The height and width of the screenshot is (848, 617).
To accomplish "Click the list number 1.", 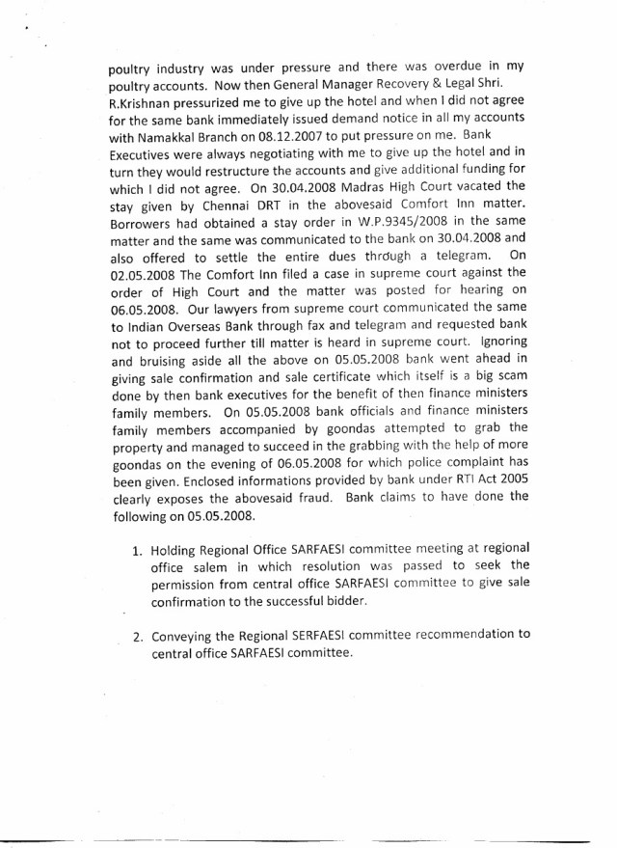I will [137, 550].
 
